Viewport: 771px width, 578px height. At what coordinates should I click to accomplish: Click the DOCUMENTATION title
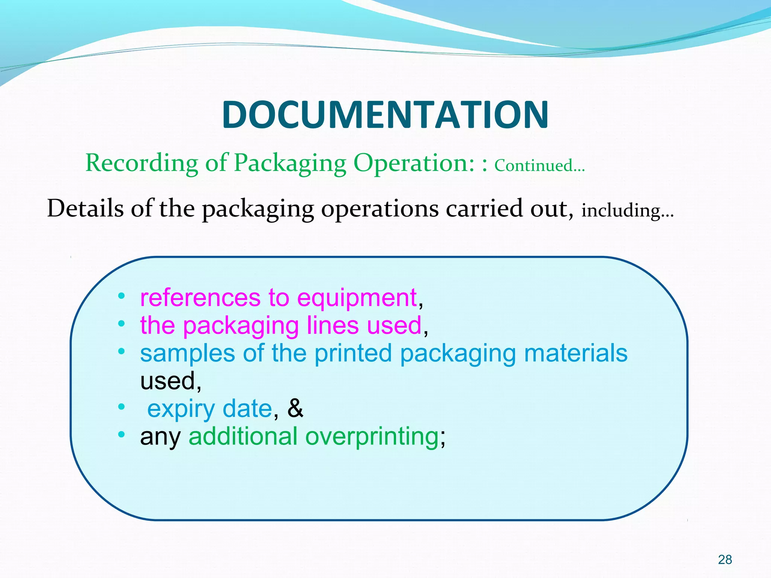(385, 115)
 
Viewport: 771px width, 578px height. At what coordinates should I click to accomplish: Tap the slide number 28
(725, 560)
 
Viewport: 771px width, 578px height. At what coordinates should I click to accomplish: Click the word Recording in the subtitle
(142, 163)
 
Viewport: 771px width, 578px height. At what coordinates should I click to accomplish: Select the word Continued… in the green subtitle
(539, 166)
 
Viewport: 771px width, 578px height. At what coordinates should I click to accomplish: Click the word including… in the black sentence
(627, 211)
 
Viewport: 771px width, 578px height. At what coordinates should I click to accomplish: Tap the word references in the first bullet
(200, 298)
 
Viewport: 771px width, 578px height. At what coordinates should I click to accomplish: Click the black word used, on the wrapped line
(170, 381)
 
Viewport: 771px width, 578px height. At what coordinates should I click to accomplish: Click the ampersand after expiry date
(295, 408)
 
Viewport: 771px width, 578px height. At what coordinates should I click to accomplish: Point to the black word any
(160, 437)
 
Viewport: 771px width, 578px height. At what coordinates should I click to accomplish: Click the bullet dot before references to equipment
(121, 296)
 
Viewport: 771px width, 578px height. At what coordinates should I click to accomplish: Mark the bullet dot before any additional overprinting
(121, 435)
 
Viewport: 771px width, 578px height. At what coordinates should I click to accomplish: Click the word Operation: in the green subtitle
(414, 163)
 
